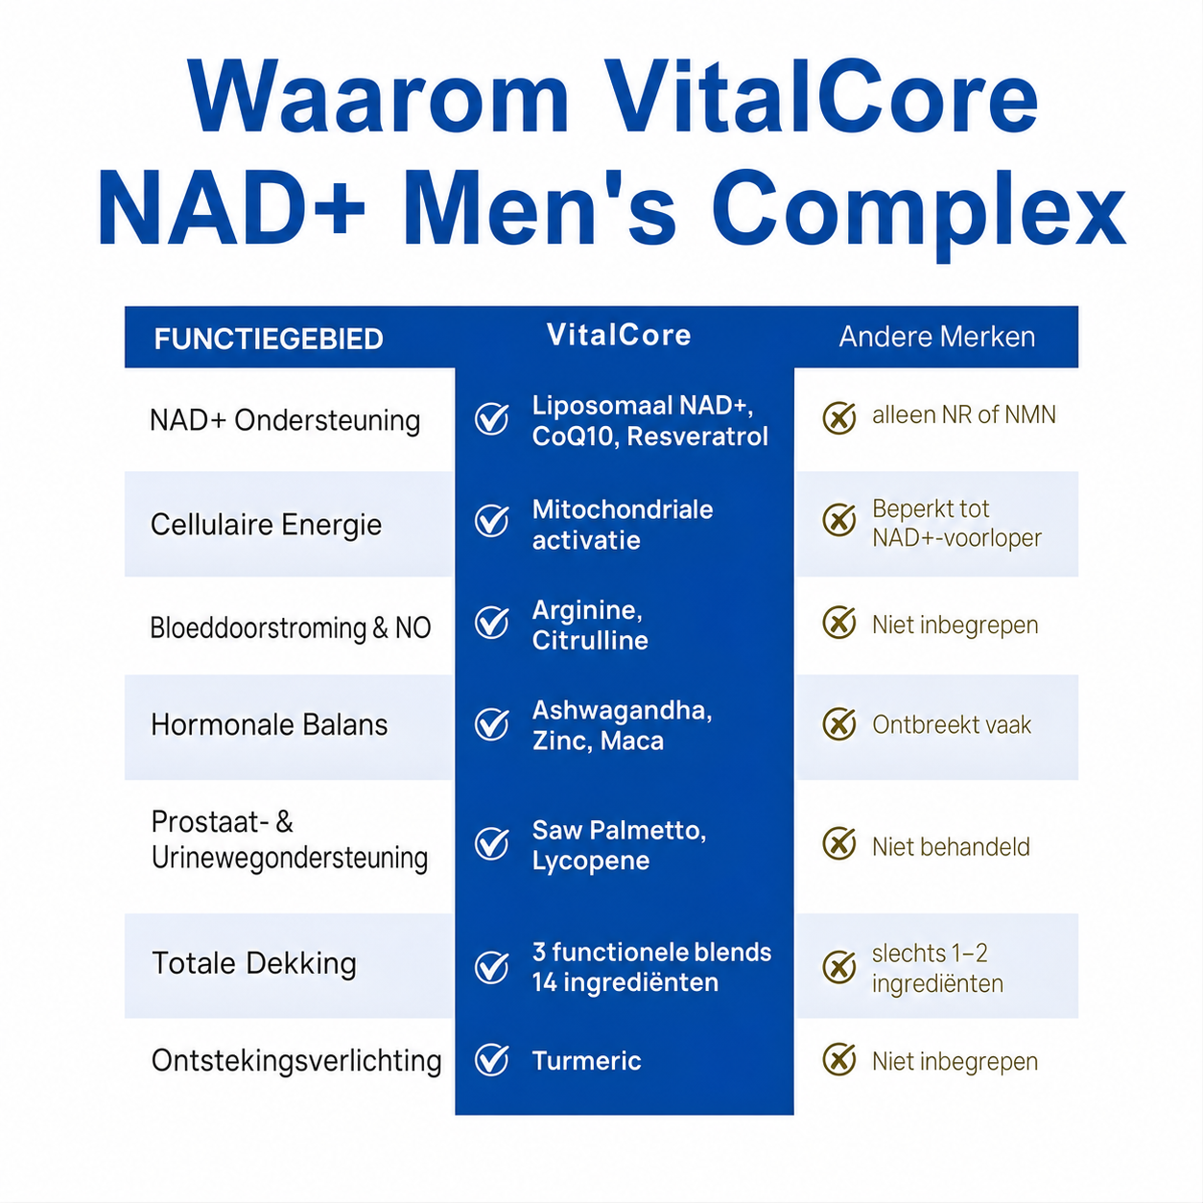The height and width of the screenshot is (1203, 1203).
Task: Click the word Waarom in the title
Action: [378, 96]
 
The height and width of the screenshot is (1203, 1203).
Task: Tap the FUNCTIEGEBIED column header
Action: [269, 339]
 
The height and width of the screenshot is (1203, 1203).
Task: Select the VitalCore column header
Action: [619, 335]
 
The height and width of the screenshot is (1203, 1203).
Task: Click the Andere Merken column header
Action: [936, 337]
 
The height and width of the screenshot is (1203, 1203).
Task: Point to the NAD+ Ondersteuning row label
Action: [285, 420]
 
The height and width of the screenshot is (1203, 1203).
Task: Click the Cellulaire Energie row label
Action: [266, 525]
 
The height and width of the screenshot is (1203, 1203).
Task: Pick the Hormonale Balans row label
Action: [269, 725]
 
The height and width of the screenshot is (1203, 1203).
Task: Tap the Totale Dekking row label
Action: [254, 963]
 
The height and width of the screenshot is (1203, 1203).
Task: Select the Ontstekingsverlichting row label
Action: [296, 1061]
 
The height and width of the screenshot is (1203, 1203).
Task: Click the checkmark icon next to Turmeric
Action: [492, 1059]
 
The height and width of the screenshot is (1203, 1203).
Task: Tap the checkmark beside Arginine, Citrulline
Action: [492, 623]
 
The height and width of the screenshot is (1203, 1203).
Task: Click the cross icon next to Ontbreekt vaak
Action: [839, 724]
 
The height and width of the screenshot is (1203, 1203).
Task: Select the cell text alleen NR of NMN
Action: [964, 415]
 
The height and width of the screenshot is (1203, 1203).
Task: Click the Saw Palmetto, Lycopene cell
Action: [620, 845]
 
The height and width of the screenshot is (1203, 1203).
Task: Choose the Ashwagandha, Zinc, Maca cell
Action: [622, 725]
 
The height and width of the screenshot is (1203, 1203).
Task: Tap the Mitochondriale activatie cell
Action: [623, 525]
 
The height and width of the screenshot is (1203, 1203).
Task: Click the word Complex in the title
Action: [919, 209]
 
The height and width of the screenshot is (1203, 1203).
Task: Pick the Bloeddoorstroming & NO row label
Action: [291, 627]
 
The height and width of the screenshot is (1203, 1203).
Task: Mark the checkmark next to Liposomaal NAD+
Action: [492, 418]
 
